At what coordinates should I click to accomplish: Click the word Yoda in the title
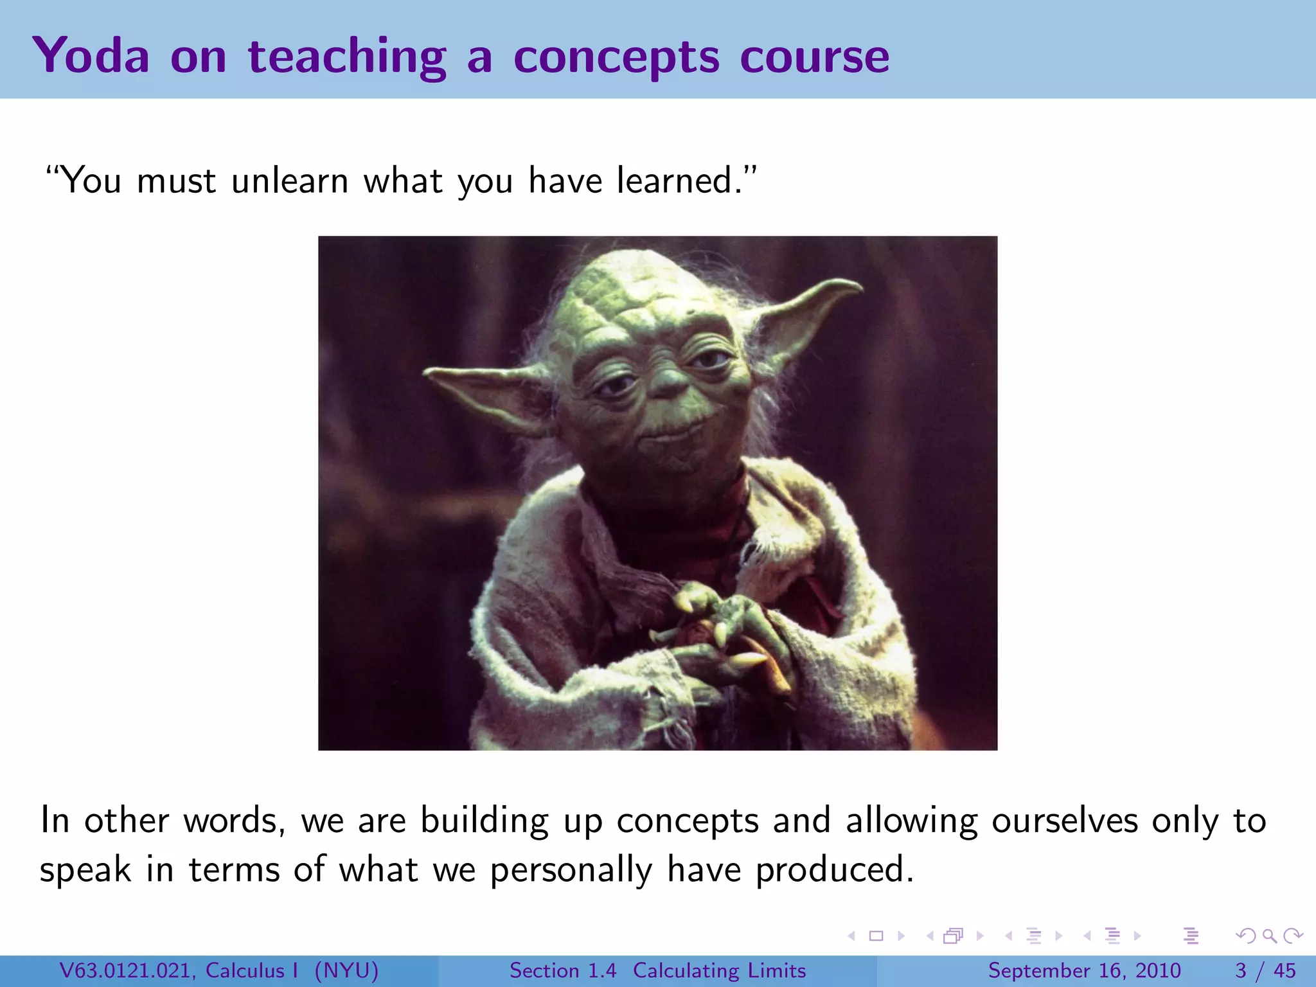click(x=91, y=56)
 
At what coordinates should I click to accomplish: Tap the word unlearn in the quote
click(x=290, y=181)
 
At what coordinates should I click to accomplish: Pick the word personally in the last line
click(x=571, y=871)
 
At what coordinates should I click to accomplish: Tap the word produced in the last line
click(x=833, y=869)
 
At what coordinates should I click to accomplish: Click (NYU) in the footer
click(x=346, y=970)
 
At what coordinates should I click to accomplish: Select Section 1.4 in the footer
click(x=563, y=970)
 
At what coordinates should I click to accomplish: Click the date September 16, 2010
click(x=1084, y=970)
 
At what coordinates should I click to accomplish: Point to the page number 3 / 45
click(x=1265, y=970)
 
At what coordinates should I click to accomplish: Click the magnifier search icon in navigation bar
click(x=1269, y=936)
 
